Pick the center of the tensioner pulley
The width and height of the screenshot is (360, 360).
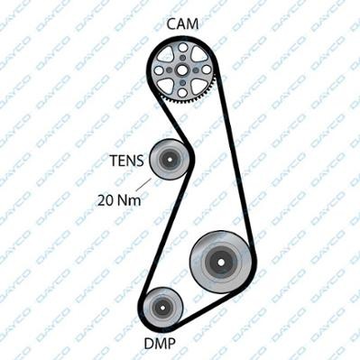pyautogui.click(x=168, y=161)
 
